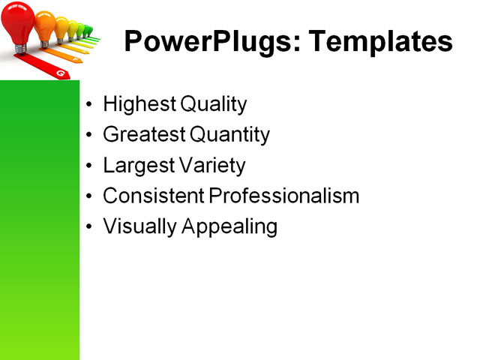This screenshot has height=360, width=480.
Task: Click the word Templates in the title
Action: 374,41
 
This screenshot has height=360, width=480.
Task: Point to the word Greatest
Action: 143,135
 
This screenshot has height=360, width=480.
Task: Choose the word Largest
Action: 135,165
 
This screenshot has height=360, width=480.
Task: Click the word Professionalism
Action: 284,196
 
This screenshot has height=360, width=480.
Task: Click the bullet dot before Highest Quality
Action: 90,105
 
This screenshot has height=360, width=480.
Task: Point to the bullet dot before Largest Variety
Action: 90,166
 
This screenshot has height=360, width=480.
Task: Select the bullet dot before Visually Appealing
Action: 90,226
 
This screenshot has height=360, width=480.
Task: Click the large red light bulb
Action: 19,21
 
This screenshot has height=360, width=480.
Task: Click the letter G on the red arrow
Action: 60,73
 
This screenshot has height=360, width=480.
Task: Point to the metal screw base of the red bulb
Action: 21,48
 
